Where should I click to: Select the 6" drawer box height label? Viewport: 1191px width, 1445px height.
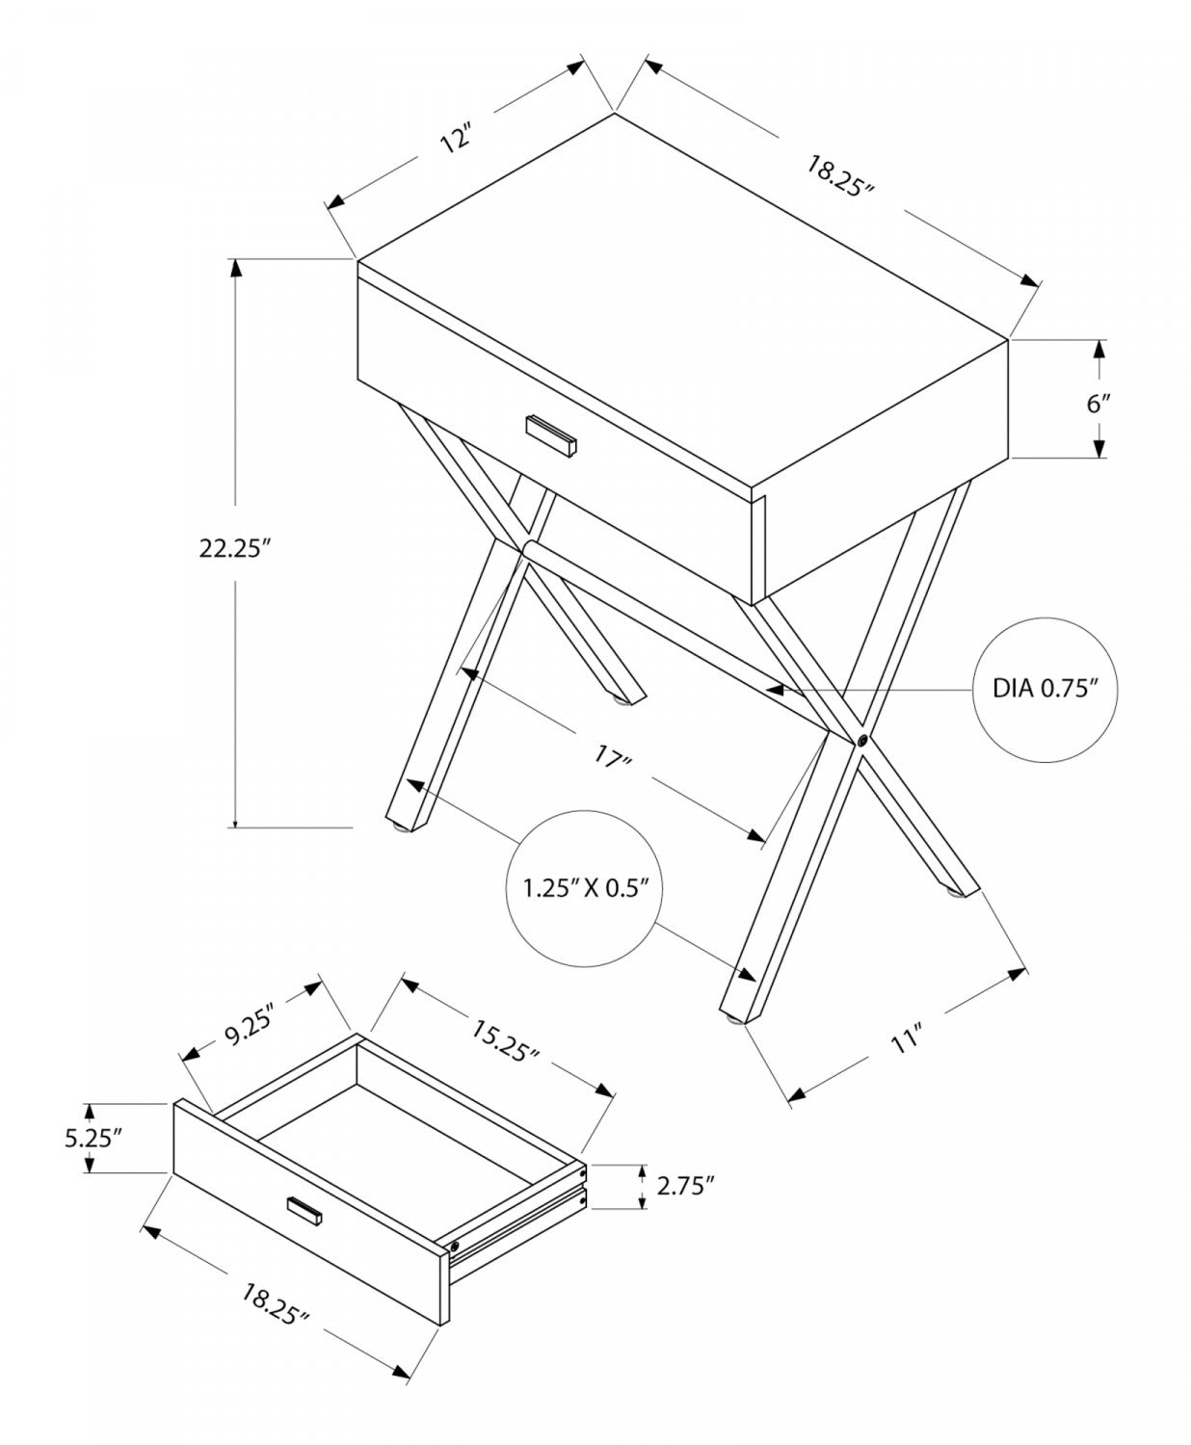1099,403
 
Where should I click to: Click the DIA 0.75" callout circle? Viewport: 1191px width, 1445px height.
1045,689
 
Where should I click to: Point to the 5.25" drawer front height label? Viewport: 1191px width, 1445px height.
92,1137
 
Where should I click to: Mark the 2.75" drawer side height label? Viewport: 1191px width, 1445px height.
685,1186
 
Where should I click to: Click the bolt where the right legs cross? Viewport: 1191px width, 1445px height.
860,741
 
